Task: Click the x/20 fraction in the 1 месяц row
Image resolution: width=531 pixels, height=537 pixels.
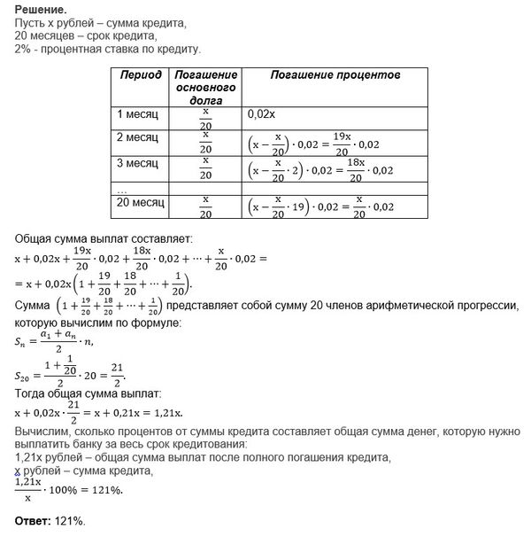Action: coord(205,118)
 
